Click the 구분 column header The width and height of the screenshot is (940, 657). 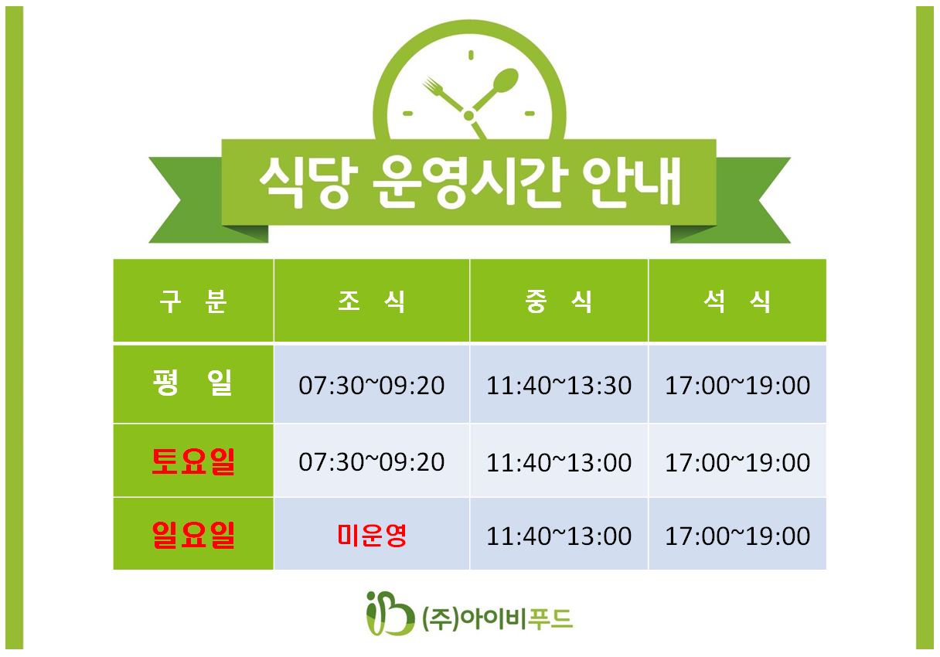coord(193,301)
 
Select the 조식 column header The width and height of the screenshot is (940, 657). coord(371,301)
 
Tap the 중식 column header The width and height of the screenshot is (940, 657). coord(559,301)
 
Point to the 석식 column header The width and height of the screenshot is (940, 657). coord(737,301)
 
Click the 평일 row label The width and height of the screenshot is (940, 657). coord(192,383)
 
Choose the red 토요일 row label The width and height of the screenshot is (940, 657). coord(192,461)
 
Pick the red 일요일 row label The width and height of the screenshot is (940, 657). coord(192,535)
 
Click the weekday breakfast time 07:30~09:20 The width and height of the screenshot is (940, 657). coord(371,385)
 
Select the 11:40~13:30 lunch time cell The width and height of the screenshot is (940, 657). coord(559,385)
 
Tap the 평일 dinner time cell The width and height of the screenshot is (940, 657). coord(737,385)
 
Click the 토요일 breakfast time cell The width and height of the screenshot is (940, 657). coord(371,462)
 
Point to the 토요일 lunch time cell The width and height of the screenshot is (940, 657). coord(559,462)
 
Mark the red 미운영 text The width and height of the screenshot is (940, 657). coord(372,536)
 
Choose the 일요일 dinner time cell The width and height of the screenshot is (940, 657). coord(737,536)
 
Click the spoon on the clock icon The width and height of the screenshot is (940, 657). coord(496,90)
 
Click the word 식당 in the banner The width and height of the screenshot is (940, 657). coord(308,182)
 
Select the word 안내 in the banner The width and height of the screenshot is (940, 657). coord(632,182)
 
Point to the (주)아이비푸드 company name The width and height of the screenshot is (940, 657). coord(498,619)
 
